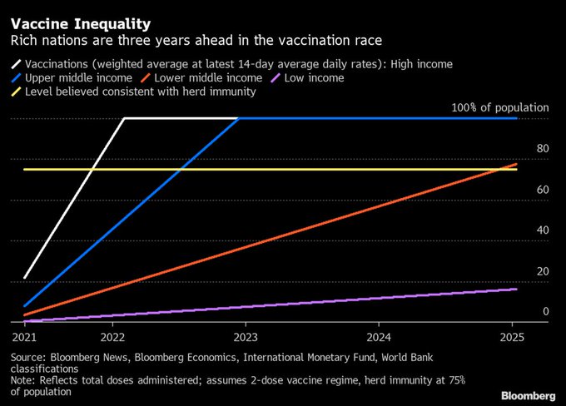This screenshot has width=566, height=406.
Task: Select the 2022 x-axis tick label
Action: [112, 338]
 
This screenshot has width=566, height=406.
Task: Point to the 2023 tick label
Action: [245, 338]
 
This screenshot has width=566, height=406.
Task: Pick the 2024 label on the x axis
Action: [378, 338]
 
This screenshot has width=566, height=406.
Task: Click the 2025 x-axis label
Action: [511, 338]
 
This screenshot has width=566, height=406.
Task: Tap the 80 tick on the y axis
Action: [542, 149]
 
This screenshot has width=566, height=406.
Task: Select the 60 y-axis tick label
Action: [542, 190]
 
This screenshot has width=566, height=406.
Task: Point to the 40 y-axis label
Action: [542, 230]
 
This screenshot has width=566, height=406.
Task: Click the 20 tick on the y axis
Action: [542, 271]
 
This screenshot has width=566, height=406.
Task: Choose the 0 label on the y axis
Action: [545, 311]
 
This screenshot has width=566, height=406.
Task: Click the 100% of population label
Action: [499, 107]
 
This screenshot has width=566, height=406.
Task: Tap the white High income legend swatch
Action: [17, 64]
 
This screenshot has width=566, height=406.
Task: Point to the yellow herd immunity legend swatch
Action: [17, 92]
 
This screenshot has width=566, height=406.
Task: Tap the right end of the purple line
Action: [516, 289]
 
